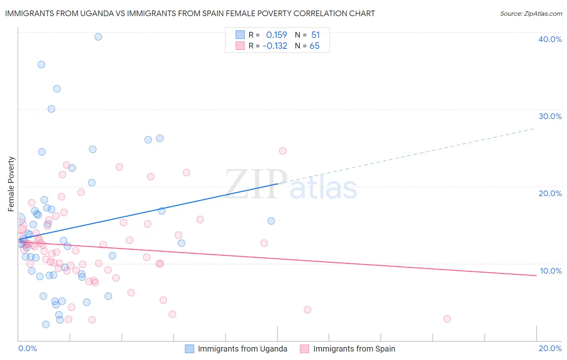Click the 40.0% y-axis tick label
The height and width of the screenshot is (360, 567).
550,39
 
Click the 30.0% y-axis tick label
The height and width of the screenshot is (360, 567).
550,116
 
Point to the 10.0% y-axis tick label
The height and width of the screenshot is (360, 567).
551,271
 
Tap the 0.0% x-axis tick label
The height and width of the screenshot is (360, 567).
27,348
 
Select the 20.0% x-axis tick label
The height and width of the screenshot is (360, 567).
550,348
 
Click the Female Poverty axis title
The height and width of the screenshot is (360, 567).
11,184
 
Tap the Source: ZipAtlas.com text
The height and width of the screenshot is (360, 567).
531,13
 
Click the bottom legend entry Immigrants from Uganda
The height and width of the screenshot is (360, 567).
242,349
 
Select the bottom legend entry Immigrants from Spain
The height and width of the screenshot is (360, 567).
354,349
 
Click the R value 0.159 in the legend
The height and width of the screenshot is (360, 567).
277,35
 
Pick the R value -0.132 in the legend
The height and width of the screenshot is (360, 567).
275,46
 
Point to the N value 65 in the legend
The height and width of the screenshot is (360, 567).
315,46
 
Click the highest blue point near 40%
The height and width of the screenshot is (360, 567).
98,37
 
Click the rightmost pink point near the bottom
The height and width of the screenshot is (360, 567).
447,319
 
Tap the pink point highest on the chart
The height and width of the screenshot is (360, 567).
283,151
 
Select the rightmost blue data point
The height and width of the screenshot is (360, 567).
271,221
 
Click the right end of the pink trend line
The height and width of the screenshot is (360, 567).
536,275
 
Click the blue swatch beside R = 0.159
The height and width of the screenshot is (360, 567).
240,35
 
